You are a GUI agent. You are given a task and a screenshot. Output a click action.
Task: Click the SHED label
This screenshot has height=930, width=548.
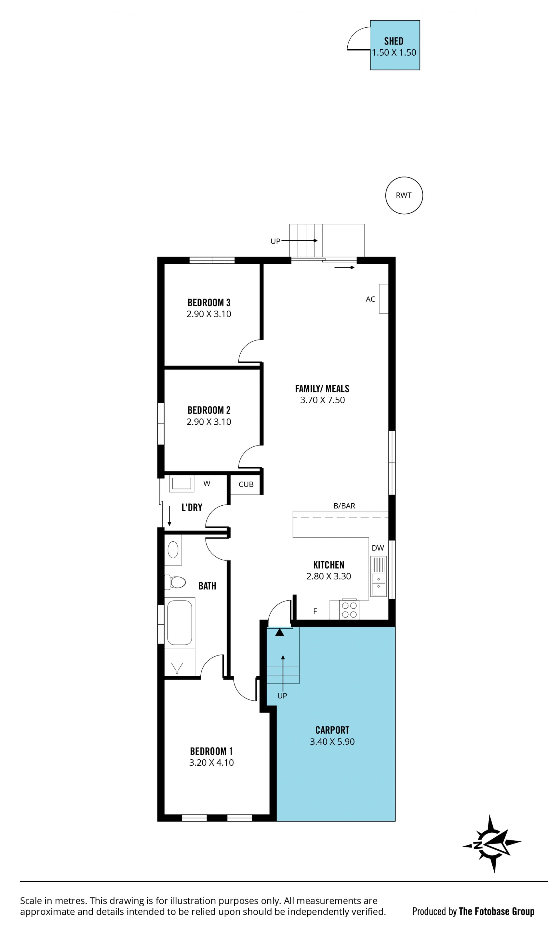pos(394,41)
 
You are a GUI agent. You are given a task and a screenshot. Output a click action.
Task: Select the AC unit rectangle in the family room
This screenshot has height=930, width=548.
pos(384,299)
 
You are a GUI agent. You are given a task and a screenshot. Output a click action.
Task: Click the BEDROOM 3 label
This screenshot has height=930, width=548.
pos(209,303)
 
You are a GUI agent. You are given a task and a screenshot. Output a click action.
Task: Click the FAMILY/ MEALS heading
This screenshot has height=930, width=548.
pos(322,388)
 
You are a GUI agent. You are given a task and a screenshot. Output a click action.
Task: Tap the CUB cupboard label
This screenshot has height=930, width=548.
pos(246,484)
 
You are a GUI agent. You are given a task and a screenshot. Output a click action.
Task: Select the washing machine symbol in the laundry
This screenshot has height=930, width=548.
pos(182,484)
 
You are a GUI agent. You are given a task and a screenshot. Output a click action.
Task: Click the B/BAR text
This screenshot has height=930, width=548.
pos(344,506)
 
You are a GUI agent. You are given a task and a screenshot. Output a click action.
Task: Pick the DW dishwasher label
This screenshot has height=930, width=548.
pos(378,548)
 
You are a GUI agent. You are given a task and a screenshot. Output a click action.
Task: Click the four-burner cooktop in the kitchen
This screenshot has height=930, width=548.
pos(349,610)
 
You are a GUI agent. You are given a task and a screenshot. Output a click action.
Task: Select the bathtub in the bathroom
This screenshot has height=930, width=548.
pos(180,622)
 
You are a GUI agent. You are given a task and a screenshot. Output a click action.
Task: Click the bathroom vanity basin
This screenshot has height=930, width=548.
pos(173,550)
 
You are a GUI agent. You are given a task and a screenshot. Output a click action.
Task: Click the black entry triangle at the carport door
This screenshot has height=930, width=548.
pos(279,632)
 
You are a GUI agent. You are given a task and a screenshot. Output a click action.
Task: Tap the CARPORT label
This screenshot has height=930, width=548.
pos(332,730)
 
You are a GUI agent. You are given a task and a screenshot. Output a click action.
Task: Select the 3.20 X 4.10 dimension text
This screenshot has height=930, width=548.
pos(211,762)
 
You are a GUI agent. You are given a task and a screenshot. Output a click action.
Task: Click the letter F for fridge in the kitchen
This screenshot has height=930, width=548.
pos(315,611)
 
